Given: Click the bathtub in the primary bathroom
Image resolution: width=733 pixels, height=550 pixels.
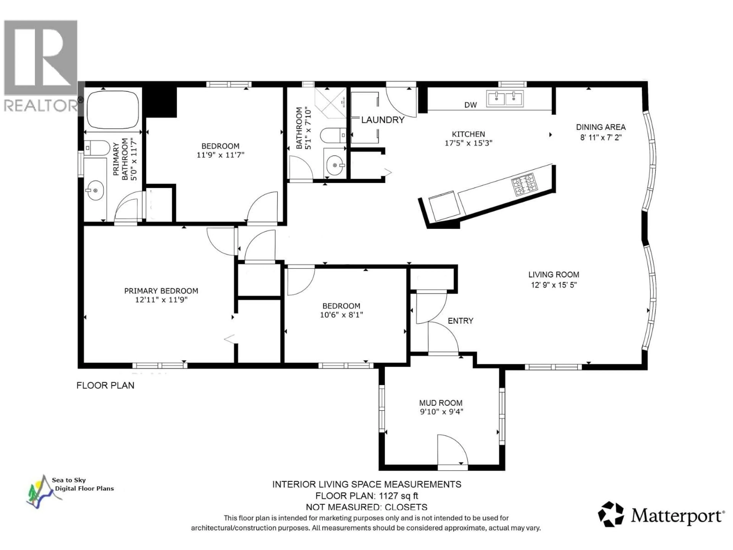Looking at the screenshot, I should click(x=113, y=109).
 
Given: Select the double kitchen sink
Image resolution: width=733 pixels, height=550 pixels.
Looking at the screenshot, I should click(x=505, y=99).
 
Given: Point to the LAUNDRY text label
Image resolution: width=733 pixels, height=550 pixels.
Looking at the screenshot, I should click(x=383, y=120).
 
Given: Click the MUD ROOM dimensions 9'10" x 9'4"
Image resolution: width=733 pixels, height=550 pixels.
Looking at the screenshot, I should click(x=441, y=412).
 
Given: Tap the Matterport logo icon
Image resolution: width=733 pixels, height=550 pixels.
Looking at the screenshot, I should click(x=610, y=514).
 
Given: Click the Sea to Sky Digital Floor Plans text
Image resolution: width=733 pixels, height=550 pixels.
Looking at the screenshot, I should click(x=83, y=484).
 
